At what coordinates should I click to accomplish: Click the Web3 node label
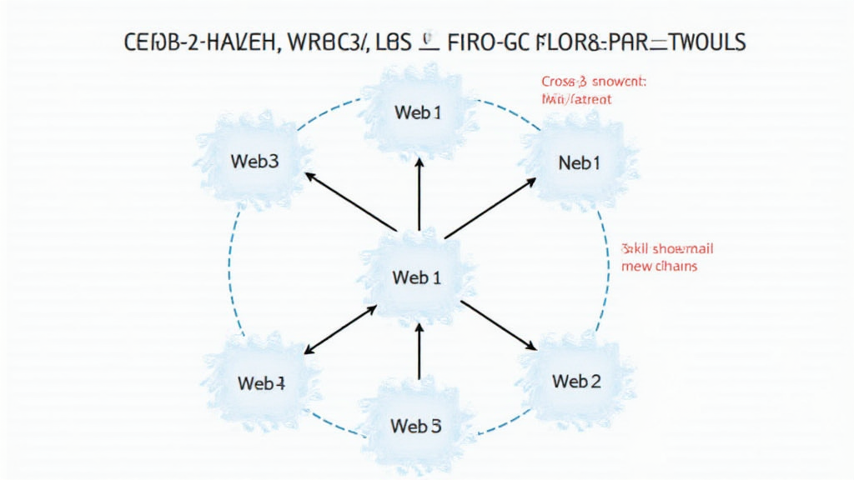click(256, 162)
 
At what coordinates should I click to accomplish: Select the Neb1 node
click(579, 163)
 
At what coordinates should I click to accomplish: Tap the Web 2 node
click(576, 382)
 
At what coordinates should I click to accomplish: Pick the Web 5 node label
click(415, 426)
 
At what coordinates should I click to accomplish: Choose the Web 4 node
click(261, 383)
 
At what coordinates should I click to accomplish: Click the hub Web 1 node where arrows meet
click(416, 277)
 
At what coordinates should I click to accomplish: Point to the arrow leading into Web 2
click(498, 325)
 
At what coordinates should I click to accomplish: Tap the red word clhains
click(671, 267)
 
